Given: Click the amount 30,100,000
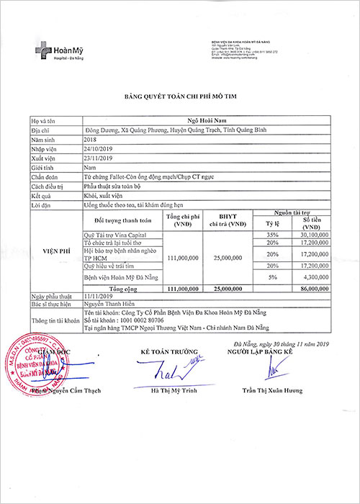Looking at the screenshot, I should tap(312, 235).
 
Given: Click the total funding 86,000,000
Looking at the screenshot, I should tap(311, 287).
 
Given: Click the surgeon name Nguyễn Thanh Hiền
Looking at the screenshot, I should tap(107, 305).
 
